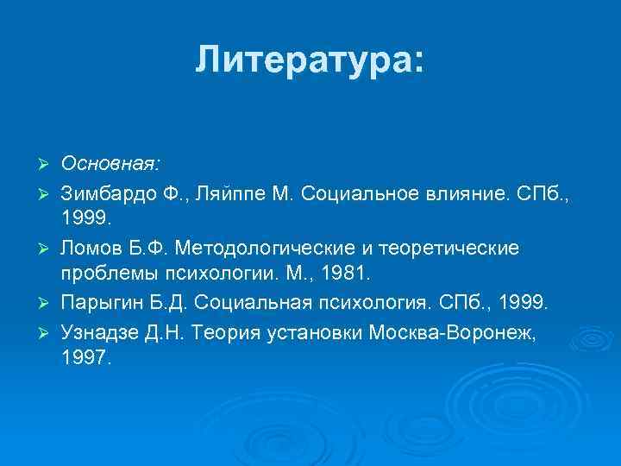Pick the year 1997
(x=85, y=356)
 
